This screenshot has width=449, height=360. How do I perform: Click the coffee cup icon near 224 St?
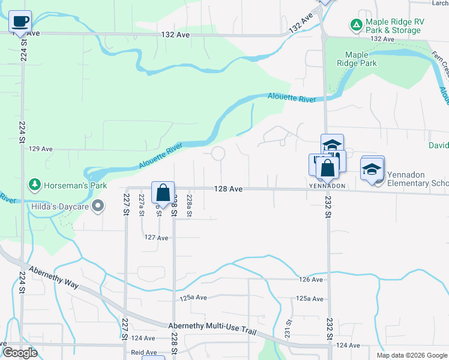coord(20,22)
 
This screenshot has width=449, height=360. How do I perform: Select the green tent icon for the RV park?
coord(357,25)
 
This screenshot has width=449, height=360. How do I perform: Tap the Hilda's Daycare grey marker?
coord(100,207)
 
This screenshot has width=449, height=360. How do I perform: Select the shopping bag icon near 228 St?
coord(163,193)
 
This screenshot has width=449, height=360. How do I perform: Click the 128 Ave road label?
coord(229,189)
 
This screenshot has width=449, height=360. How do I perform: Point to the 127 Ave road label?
coord(156,238)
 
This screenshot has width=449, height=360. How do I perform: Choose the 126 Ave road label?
coord(312,280)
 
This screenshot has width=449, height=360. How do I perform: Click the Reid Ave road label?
coord(144,353)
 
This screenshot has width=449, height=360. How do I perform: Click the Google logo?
coord(20,353)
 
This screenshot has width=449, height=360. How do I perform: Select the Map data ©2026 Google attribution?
coord(411,355)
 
